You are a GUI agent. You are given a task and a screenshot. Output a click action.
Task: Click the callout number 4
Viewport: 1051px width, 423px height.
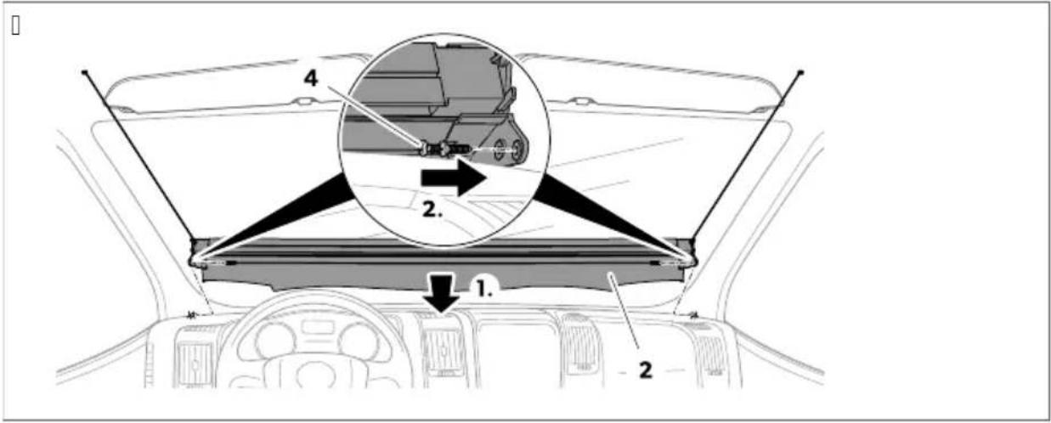[x=311, y=78]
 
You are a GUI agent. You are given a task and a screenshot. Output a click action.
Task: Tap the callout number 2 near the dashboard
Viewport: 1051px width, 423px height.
[x=646, y=370]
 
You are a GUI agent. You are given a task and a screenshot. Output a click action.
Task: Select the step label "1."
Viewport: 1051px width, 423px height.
[x=484, y=289]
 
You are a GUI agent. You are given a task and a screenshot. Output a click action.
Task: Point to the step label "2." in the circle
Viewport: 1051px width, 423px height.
[x=432, y=210]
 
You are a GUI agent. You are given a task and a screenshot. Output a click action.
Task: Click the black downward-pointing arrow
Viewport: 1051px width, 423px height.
[x=442, y=294]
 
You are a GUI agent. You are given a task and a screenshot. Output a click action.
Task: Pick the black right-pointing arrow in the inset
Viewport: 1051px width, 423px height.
[x=453, y=178]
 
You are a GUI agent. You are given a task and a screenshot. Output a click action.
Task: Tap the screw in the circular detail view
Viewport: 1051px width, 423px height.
[x=446, y=150]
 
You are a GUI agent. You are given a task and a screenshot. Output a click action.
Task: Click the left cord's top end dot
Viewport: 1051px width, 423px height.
[x=85, y=72]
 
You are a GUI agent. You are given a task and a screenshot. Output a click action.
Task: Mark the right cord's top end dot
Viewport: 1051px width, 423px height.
[x=801, y=72]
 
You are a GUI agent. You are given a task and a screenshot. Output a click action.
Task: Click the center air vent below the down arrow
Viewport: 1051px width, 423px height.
[x=444, y=349]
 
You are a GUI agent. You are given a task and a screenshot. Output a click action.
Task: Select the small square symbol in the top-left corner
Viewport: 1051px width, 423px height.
[x=15, y=25]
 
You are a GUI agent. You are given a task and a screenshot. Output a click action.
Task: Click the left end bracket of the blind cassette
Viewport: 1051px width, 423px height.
[x=199, y=254]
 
